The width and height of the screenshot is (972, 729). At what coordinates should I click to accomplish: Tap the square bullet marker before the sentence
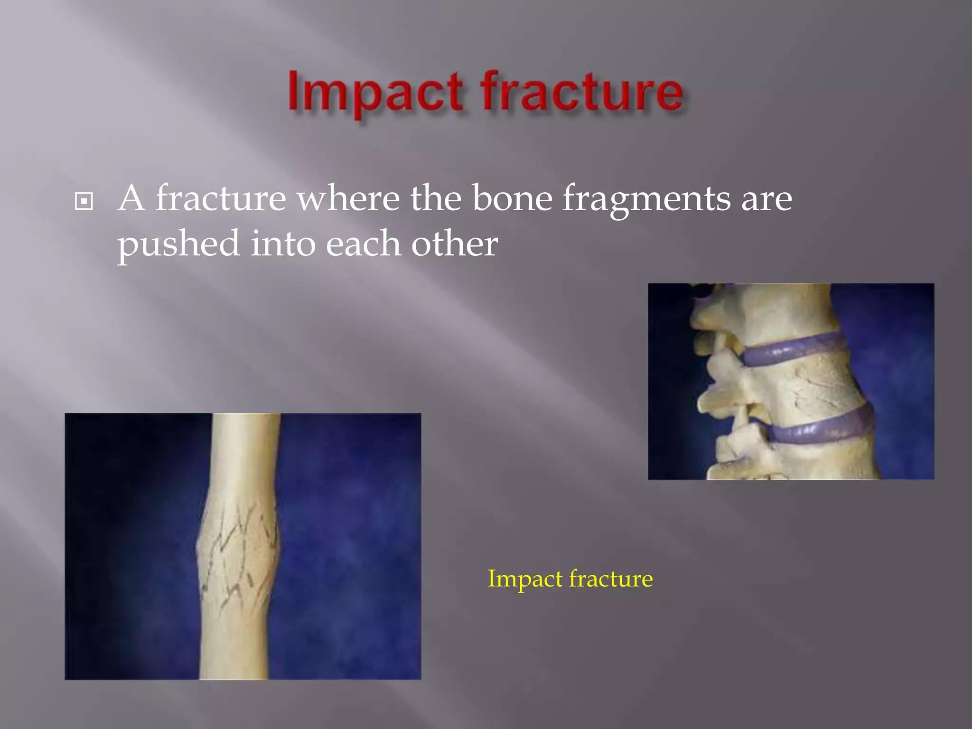coord(84,202)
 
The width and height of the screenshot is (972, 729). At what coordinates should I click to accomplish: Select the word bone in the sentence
coord(512,198)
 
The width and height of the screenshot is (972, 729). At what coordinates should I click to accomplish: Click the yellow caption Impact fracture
coord(570,579)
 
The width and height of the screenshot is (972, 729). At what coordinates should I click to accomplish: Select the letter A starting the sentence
coord(131,198)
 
